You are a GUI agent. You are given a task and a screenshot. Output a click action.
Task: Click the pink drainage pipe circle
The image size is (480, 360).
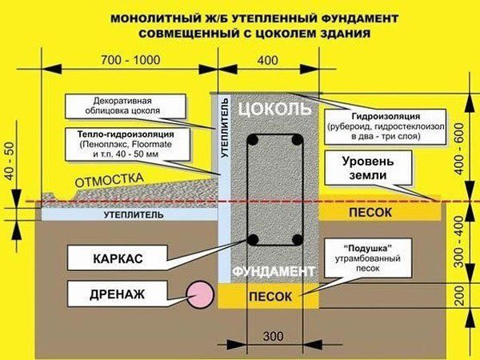tap(198, 294)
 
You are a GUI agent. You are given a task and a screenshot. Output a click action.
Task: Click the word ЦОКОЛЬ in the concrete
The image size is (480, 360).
tap(270, 107)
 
